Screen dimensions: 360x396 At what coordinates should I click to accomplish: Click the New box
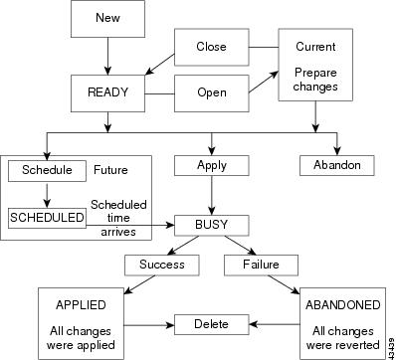[x=106, y=19]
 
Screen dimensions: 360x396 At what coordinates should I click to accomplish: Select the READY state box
[x=106, y=92]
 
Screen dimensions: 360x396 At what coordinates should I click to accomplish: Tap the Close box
[x=210, y=47]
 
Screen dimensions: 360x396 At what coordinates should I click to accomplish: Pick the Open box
[x=210, y=92]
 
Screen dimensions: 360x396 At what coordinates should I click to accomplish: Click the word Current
[x=315, y=47]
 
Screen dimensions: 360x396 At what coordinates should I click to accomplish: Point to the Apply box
[x=210, y=165]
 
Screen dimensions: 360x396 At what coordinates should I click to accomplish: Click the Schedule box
[x=47, y=170]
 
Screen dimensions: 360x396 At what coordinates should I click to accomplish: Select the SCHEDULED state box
[x=47, y=216]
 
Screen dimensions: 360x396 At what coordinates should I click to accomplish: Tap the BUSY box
[x=210, y=225]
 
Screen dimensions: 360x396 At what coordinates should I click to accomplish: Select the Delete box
[x=210, y=322]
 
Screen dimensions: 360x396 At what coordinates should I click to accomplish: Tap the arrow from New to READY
[x=106, y=55]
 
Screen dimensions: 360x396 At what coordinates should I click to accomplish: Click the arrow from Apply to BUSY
[x=210, y=195]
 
